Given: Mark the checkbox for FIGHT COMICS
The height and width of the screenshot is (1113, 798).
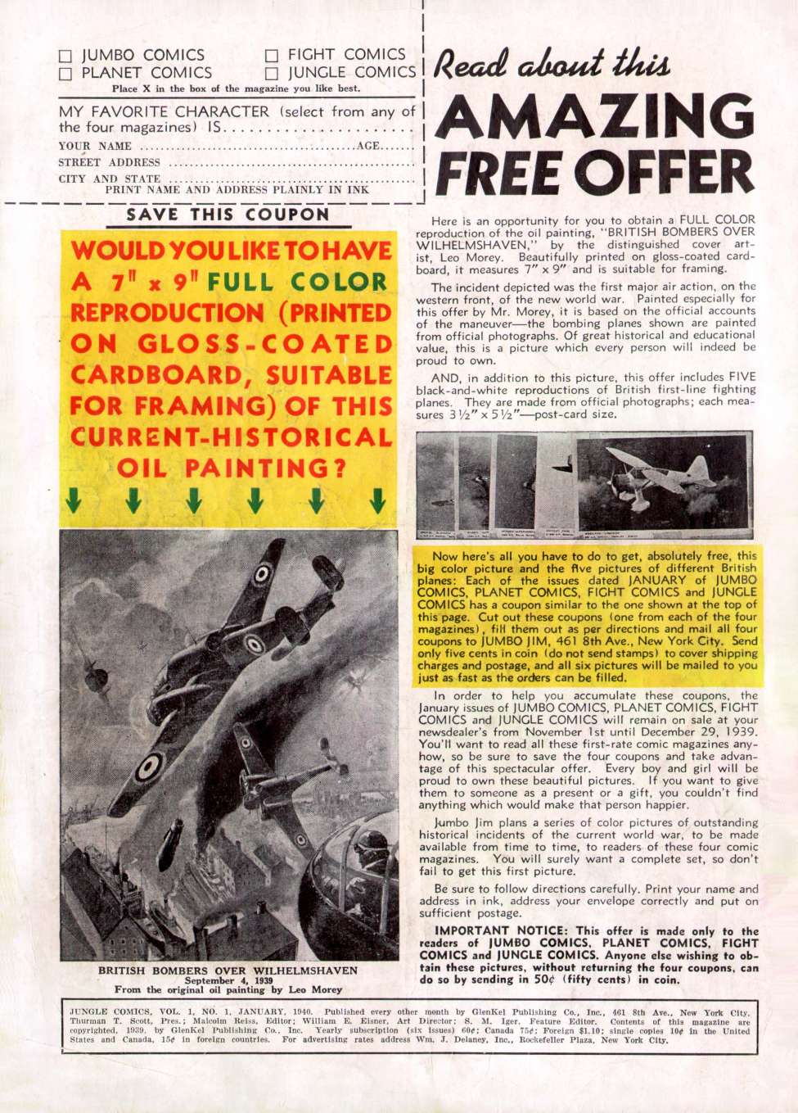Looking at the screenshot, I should click(x=272, y=56).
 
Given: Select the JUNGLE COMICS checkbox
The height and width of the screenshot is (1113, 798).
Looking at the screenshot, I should click(x=272, y=74).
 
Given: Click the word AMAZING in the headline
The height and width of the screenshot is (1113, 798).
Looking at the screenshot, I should click(x=595, y=117).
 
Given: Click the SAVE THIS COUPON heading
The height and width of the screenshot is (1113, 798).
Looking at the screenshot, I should click(x=228, y=215).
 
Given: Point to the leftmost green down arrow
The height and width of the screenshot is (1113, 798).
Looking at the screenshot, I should click(x=74, y=500).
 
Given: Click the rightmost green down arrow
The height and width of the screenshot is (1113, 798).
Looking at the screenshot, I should click(x=377, y=500).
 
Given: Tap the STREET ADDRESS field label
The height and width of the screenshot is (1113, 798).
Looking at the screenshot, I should click(x=109, y=162).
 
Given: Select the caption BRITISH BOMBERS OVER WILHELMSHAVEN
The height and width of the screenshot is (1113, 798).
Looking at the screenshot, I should click(x=228, y=970).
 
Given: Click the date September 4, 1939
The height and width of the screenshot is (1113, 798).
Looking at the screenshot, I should click(x=228, y=980).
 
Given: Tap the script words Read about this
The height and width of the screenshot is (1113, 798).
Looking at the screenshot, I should click(x=553, y=64).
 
